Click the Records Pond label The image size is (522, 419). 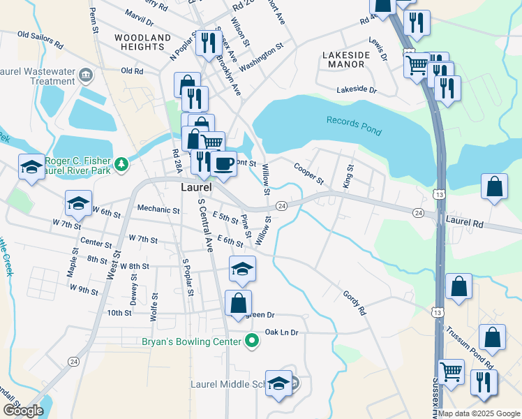coord(354,121)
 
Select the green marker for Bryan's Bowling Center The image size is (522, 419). coord(251,341)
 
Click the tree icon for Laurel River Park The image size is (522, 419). coord(122,163)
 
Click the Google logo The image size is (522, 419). coord(22,411)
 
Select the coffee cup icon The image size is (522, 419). coord(223,163)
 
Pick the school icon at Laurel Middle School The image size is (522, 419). coord(278,383)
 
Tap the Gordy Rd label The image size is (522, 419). coord(354,302)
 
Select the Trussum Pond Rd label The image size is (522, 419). coord(469,347)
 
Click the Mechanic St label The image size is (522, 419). coord(158,209)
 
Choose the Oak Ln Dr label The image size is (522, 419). coord(281,332)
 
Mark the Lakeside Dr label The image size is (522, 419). coord(356,90)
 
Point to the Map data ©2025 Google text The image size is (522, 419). coord(479,413)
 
